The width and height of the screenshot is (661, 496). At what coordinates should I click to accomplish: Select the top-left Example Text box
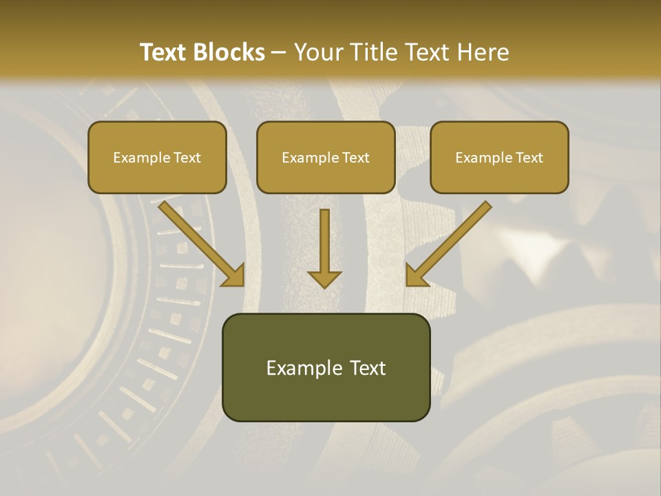point(157,157)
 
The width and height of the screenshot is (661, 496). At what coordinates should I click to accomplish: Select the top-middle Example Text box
point(326,157)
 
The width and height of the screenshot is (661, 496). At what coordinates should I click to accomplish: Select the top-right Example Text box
point(499,157)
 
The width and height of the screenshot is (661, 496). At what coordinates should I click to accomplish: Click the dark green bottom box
point(326,367)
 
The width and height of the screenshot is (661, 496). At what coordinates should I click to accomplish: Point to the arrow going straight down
point(324,245)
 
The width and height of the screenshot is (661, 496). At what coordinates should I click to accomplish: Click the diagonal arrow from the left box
point(200,242)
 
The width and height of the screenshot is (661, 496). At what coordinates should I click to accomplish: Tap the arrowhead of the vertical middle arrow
point(324,278)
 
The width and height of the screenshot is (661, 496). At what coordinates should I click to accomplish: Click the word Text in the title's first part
point(164,52)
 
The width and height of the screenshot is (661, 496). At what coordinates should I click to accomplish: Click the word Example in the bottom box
point(304,368)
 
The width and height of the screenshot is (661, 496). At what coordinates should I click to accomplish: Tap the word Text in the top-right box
point(529,158)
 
